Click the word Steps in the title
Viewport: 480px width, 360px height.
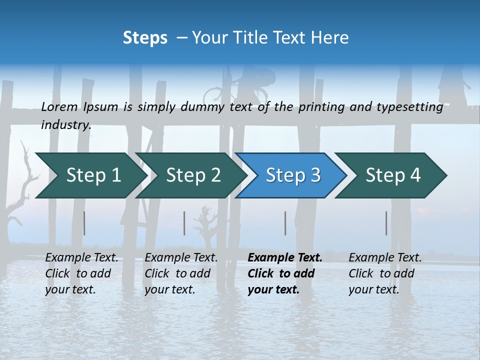[145, 38]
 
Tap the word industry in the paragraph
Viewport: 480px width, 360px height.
[66, 124]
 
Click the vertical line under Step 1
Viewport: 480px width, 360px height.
[84, 223]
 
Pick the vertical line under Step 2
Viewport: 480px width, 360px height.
[184, 223]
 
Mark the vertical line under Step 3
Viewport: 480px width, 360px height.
[285, 223]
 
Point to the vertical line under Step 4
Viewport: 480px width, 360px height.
[386, 223]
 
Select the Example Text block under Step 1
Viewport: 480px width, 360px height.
[81, 273]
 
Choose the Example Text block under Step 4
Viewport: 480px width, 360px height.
[385, 273]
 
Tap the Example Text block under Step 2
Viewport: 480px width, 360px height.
[181, 273]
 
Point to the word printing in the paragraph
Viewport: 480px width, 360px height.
[317, 107]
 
